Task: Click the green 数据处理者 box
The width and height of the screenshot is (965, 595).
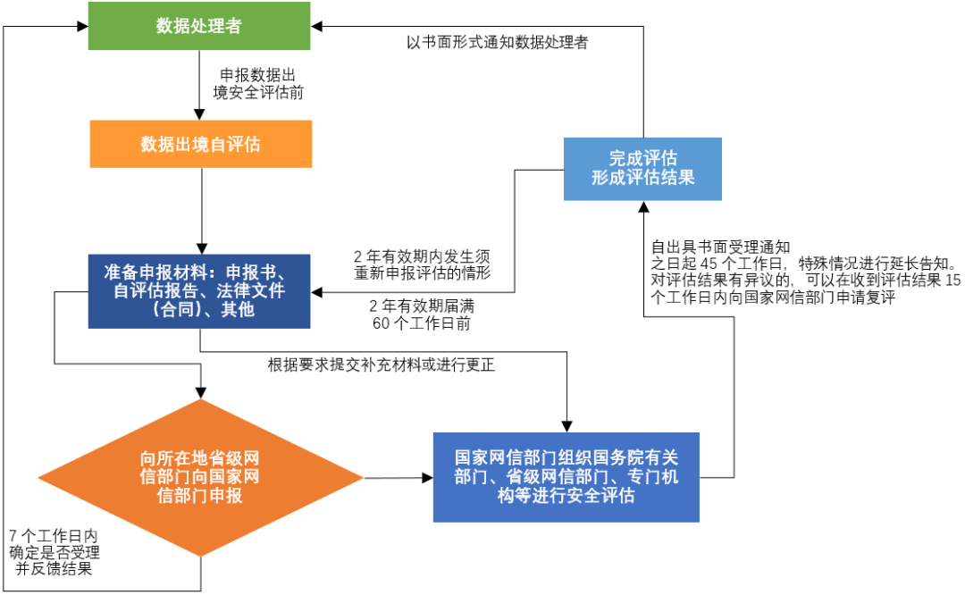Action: (x=199, y=27)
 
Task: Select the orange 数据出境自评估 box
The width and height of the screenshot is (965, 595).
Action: (x=201, y=144)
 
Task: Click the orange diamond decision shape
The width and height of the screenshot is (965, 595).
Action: (x=200, y=478)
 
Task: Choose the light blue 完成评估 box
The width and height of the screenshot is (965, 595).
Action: (x=642, y=168)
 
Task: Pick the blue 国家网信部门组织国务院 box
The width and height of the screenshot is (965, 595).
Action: (x=566, y=476)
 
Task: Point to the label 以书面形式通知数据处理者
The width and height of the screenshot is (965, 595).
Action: (x=497, y=42)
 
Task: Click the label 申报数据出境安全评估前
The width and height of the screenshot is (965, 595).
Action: (x=259, y=82)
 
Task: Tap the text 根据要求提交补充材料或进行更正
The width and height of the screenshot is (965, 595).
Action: (x=382, y=365)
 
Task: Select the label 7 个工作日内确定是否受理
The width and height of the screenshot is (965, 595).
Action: (x=54, y=551)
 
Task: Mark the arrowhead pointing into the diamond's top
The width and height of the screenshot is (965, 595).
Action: (x=200, y=392)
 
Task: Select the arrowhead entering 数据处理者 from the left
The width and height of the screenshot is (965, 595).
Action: (x=81, y=27)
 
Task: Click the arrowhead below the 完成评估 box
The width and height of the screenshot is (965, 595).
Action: (x=642, y=206)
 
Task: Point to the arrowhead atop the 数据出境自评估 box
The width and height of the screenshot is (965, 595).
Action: (x=201, y=113)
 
